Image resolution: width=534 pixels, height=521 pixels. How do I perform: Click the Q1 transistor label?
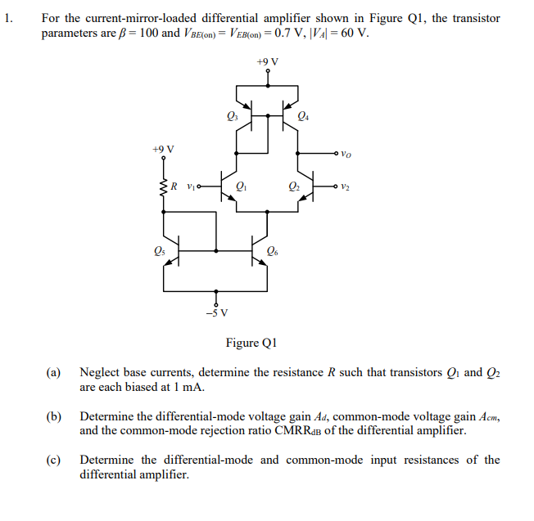pyautogui.click(x=241, y=187)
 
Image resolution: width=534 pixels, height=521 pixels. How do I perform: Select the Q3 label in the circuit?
pyautogui.click(x=231, y=115)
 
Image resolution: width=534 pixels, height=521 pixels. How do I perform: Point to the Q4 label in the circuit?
pyautogui.click(x=305, y=115)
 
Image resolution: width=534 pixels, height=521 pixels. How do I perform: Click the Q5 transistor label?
pyautogui.click(x=158, y=252)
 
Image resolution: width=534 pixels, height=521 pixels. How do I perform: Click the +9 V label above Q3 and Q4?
pyautogui.click(x=267, y=61)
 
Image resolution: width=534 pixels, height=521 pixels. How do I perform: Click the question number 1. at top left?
pyautogui.click(x=9, y=18)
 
